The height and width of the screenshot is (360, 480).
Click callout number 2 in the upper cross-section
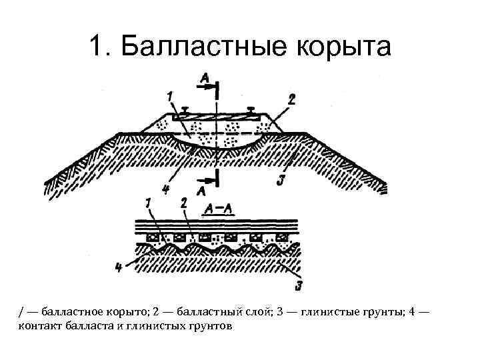[x=291, y=98]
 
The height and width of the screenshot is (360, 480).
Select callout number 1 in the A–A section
[x=148, y=201]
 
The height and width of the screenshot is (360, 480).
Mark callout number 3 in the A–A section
[x=299, y=287]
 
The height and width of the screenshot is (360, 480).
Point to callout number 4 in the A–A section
[x=118, y=268]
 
